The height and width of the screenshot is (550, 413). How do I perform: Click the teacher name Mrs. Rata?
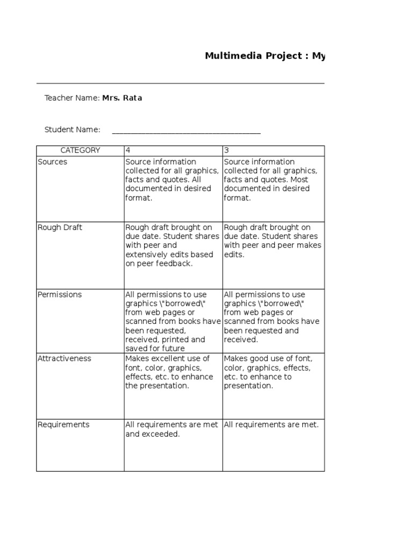pos(122,98)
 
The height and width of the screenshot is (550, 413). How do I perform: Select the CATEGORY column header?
pos(80,150)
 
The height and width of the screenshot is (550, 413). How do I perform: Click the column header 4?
pos(128,150)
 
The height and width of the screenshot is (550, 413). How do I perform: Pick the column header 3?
pos(226,150)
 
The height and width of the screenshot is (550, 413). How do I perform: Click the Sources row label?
pos(53,162)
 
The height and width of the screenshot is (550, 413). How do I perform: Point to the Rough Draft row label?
pos(60,227)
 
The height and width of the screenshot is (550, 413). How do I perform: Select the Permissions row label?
pos(60,294)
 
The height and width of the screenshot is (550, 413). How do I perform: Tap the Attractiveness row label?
pos(65,358)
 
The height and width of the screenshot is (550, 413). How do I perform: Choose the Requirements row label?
pos(63,424)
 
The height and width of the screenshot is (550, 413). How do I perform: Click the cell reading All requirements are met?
pos(271,425)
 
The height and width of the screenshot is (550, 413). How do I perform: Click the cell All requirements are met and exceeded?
pos(172,429)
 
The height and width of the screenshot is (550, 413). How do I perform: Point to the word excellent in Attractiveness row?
pos(166,358)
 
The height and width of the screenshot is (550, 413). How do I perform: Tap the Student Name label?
pos(72,129)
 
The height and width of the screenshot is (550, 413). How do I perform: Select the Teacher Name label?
pos(72,98)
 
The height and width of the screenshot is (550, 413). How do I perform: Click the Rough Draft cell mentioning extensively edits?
pos(172,245)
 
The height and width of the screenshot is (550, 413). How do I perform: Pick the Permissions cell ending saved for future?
pos(172,321)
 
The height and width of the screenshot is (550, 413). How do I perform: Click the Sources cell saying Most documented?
pos(267,180)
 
